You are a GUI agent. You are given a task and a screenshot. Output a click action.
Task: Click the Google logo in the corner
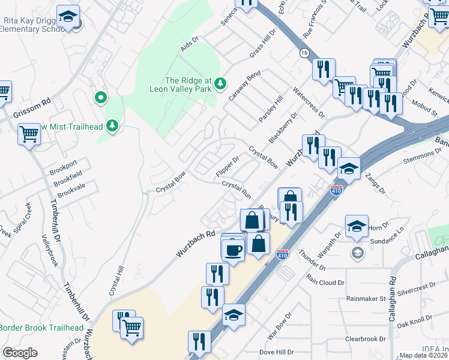(20, 353)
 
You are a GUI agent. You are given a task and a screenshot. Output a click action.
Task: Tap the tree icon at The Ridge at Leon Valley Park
(221, 82)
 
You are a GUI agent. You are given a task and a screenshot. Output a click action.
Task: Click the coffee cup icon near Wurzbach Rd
(233, 250)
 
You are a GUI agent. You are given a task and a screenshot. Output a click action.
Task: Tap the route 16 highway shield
(304, 53)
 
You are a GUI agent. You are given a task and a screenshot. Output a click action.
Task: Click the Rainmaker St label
(366, 298)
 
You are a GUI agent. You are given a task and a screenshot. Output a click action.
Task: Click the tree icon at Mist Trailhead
(112, 125)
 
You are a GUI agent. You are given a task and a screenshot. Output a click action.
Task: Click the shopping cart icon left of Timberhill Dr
(28, 134)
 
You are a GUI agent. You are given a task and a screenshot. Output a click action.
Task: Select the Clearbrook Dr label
(366, 339)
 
